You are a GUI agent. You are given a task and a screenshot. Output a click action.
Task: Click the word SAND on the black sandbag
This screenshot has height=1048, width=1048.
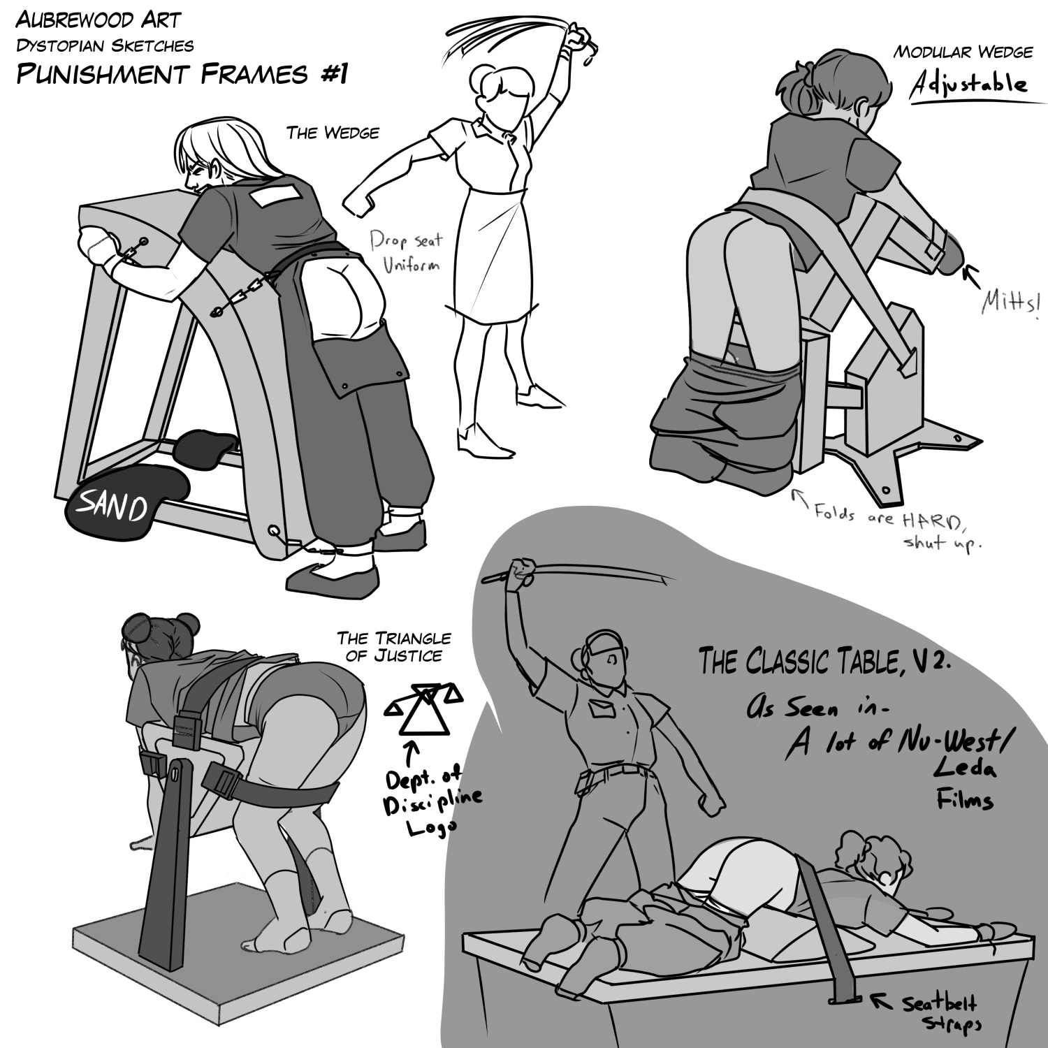(112, 505)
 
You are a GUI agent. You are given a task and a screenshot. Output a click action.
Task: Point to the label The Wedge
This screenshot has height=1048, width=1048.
(333, 132)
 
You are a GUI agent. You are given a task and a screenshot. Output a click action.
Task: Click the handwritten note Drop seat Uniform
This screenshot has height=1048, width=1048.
(406, 252)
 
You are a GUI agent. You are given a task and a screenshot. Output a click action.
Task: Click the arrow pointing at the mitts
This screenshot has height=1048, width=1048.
(972, 275)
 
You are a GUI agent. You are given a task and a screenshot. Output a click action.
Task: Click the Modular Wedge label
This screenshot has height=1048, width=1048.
(963, 52)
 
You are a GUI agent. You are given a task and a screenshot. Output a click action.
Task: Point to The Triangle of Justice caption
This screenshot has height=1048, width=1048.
(394, 647)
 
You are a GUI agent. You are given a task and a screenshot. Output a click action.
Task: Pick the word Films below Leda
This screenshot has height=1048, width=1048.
(964, 797)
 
